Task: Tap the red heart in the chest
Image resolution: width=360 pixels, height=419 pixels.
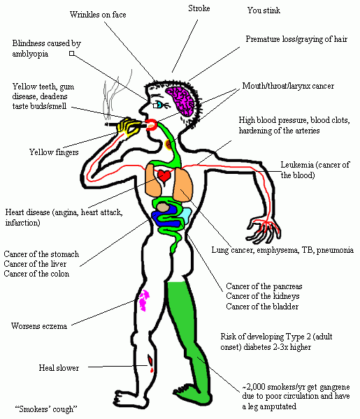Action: coord(164,176)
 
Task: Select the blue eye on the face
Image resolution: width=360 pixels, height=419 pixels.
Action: coord(159,105)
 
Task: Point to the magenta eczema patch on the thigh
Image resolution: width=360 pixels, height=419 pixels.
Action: coord(144,300)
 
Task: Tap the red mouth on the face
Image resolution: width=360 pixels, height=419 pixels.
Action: coord(152,125)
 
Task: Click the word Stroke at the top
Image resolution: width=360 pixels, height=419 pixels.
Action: coord(199,8)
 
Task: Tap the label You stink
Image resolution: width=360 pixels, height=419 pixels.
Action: coord(264,10)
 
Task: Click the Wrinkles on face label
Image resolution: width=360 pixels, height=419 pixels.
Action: coord(98,15)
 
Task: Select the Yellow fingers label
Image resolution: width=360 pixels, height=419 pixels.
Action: coord(54,152)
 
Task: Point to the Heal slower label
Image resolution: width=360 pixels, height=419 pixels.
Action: coord(59,368)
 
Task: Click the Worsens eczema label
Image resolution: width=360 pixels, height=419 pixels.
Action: coord(39,326)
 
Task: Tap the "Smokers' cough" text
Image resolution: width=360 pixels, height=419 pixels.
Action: coord(46,409)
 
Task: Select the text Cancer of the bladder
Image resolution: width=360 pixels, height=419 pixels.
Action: coord(262,307)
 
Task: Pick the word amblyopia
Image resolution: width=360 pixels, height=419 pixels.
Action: coord(30,54)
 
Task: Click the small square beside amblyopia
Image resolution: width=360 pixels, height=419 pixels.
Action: coord(71,54)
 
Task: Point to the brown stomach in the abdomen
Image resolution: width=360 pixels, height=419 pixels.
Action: coord(163,207)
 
